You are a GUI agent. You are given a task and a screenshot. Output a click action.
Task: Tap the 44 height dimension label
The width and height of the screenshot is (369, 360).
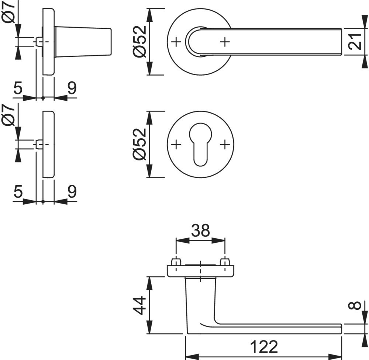(x=139, y=305)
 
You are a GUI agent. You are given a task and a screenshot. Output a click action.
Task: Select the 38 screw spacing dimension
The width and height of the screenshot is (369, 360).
(x=200, y=231)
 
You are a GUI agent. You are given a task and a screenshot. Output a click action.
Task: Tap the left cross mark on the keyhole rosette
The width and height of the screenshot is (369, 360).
(x=176, y=144)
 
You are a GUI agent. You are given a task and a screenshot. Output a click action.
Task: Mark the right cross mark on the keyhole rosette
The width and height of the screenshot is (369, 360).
(x=224, y=144)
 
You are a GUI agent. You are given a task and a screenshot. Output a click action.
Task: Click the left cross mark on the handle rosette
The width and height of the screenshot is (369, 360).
(x=176, y=42)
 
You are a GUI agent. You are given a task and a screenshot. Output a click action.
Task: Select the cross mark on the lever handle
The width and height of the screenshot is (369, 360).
(x=224, y=42)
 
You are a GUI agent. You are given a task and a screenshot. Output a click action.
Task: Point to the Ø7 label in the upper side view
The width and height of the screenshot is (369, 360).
(x=10, y=12)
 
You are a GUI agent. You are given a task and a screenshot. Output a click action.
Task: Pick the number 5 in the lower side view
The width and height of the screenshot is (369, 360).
(x=17, y=191)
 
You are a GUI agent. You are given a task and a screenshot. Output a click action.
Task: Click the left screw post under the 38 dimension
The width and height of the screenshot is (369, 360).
(x=176, y=262)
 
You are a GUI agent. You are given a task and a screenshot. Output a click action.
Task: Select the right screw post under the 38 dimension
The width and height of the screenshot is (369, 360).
(x=224, y=262)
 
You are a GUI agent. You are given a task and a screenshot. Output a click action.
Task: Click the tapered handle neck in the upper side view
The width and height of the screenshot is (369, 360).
(x=83, y=42)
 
